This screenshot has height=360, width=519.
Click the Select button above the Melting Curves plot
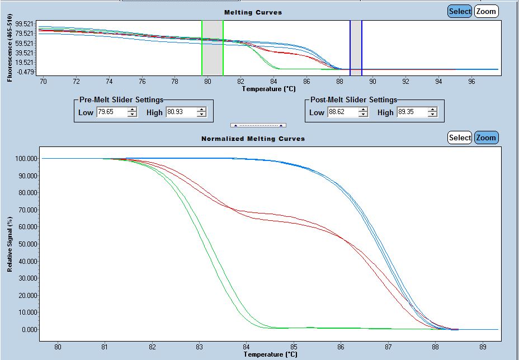point(460,11)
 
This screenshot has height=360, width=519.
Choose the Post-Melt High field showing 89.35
point(412,112)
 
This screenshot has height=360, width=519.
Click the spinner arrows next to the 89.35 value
point(432,112)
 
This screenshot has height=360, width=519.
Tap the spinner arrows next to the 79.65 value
point(132,112)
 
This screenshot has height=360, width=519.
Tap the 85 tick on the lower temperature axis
point(294,346)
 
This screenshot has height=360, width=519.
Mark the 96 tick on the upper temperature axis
point(472,81)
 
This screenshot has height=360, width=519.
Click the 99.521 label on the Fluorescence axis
point(26,24)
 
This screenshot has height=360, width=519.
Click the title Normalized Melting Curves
point(253,138)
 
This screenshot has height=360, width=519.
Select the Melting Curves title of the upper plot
point(253,12)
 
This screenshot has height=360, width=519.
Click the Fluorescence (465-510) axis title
point(10,49)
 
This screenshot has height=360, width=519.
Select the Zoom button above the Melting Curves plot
point(486,11)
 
